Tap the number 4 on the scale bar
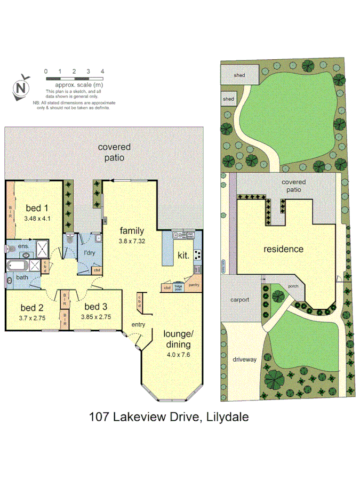click(102, 71)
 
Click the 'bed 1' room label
click(37, 208)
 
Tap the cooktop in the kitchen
click(197, 254)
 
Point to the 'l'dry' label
click(86, 253)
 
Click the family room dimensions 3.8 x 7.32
click(131, 241)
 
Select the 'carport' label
click(240, 300)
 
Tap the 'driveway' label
click(245, 359)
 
